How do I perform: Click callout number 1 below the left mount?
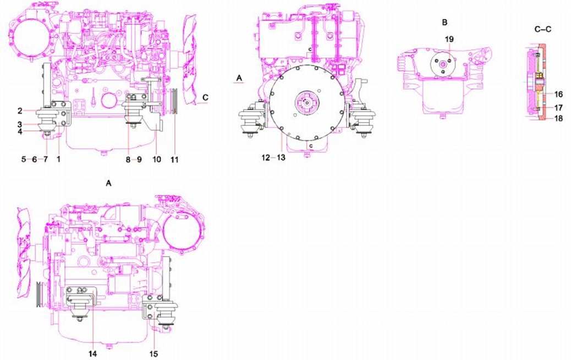59,159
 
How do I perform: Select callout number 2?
20,110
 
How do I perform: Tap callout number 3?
20,125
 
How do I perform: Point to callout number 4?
20,131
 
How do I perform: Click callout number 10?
157,159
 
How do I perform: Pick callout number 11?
175,159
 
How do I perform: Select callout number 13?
281,158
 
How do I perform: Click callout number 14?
93,353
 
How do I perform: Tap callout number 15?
153,353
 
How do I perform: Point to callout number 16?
558,95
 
